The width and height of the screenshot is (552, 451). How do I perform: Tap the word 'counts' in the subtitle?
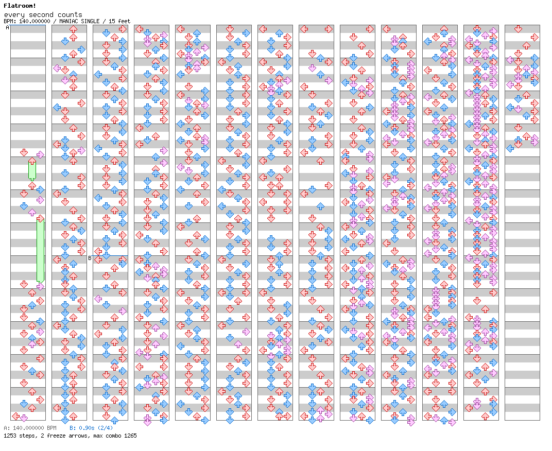(x=70, y=15)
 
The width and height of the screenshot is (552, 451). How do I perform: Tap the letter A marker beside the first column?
(x=8, y=28)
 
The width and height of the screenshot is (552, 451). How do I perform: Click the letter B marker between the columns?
(x=90, y=258)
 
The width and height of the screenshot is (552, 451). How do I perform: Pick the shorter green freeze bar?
(x=32, y=170)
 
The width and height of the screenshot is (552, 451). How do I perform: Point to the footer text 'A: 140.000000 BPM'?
(x=30, y=428)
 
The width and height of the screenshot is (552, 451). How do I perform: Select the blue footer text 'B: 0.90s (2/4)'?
(x=91, y=428)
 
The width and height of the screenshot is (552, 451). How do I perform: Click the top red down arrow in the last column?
(x=518, y=29)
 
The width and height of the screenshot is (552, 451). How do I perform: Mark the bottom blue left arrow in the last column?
(x=510, y=148)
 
